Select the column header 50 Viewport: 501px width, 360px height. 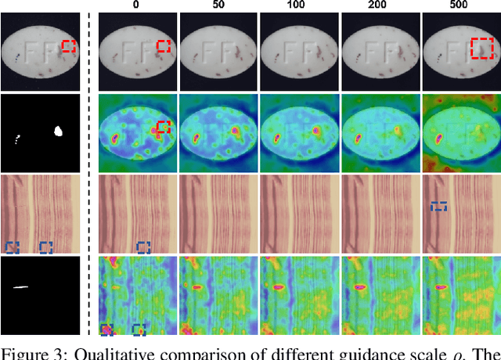click(218, 5)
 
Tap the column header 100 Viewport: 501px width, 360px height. click(299, 5)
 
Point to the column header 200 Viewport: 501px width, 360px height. click(380, 5)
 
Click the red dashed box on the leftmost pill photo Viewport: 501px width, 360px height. click(69, 47)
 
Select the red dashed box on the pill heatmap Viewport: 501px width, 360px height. click(163, 127)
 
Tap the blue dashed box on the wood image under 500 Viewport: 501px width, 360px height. click(440, 207)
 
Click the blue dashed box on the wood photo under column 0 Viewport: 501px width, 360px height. click(143, 247)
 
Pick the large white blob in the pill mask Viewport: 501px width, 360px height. click(56, 131)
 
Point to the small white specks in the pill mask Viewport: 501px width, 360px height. click(18, 141)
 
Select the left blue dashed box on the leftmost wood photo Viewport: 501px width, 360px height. click(12, 247)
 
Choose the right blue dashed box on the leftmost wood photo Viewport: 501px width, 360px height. click(46, 247)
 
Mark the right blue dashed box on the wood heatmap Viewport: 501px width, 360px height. click(139, 329)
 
